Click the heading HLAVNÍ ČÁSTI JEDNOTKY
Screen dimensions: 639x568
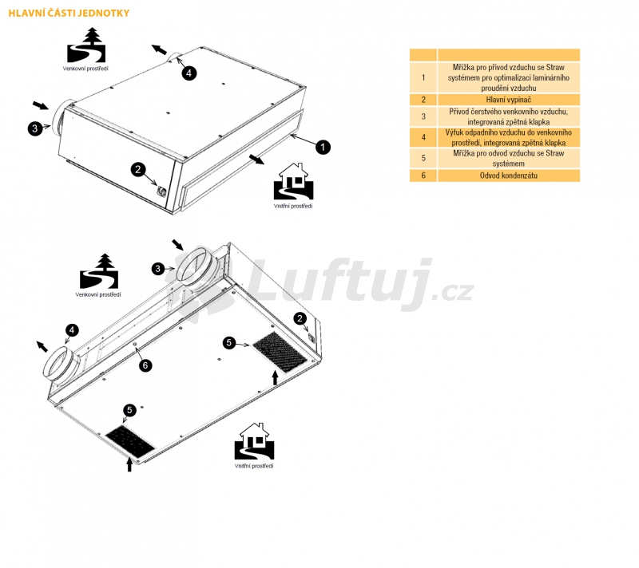click(x=69, y=13)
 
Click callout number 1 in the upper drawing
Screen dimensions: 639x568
click(x=323, y=147)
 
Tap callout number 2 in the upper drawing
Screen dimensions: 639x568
click(x=138, y=169)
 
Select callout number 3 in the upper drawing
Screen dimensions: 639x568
click(x=35, y=128)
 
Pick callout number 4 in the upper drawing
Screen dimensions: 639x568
click(x=189, y=73)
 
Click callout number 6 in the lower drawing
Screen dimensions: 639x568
click(x=145, y=365)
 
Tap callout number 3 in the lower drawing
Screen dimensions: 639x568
click(x=158, y=269)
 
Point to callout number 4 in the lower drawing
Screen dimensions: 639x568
click(x=72, y=330)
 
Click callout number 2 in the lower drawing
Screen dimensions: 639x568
click(x=300, y=318)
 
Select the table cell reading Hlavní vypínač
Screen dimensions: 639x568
click(x=508, y=100)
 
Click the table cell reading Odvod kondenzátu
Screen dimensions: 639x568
click(x=508, y=176)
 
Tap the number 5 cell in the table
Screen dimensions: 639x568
click(x=423, y=158)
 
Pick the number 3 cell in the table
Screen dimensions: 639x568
click(x=423, y=116)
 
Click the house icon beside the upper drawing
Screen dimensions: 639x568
click(x=293, y=181)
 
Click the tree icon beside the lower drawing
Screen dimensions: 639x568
click(x=99, y=271)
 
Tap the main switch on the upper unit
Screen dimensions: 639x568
click(x=161, y=191)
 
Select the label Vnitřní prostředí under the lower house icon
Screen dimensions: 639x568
click(x=254, y=466)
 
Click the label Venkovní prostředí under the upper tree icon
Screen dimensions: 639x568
click(x=85, y=69)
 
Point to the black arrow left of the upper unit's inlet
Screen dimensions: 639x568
click(x=41, y=105)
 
